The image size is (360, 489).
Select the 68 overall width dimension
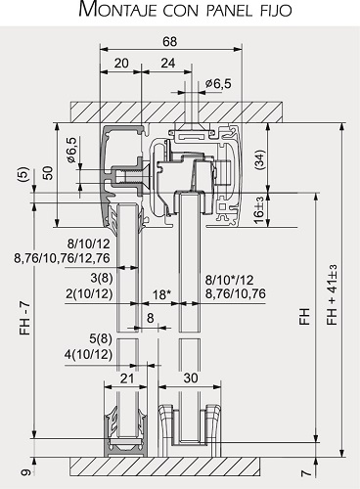coord(170,41)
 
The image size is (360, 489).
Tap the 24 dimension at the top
coord(168,63)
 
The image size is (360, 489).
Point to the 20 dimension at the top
coord(121,63)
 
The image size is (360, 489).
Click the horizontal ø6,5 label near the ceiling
coord(218,84)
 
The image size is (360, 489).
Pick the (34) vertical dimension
coord(259,159)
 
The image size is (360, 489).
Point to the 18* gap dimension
coord(161,294)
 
